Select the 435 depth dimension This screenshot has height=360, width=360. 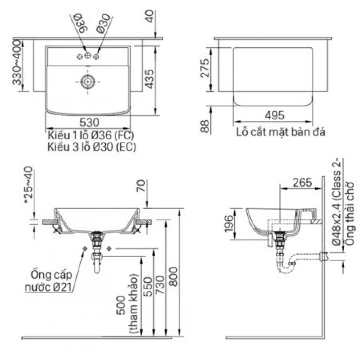pos(149,79)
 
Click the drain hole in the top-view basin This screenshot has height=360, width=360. pos(88,81)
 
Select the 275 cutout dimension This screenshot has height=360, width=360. pos(205,69)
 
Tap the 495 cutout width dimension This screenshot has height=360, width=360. pos(274,115)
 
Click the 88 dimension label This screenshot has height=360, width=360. pos(205,126)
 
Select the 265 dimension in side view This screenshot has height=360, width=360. pos(302,182)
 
